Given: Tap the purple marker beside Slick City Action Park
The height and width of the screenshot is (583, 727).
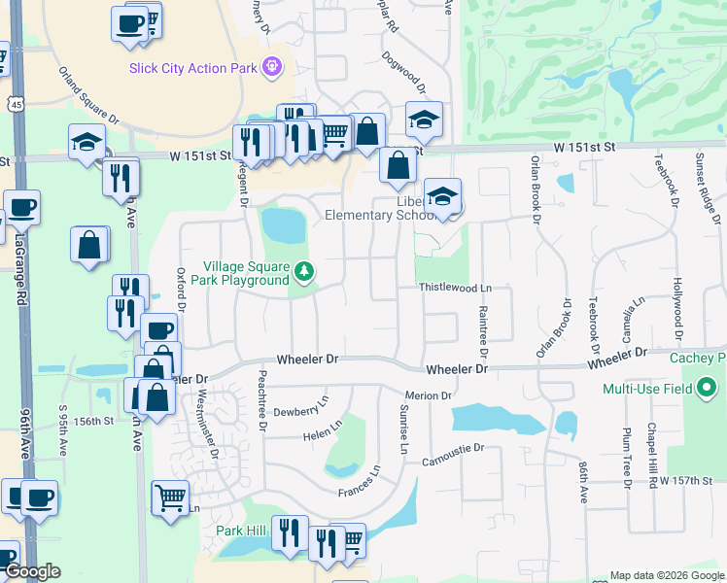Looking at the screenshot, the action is (x=272, y=66).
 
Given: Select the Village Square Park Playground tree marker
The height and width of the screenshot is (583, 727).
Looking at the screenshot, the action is (x=305, y=272).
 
